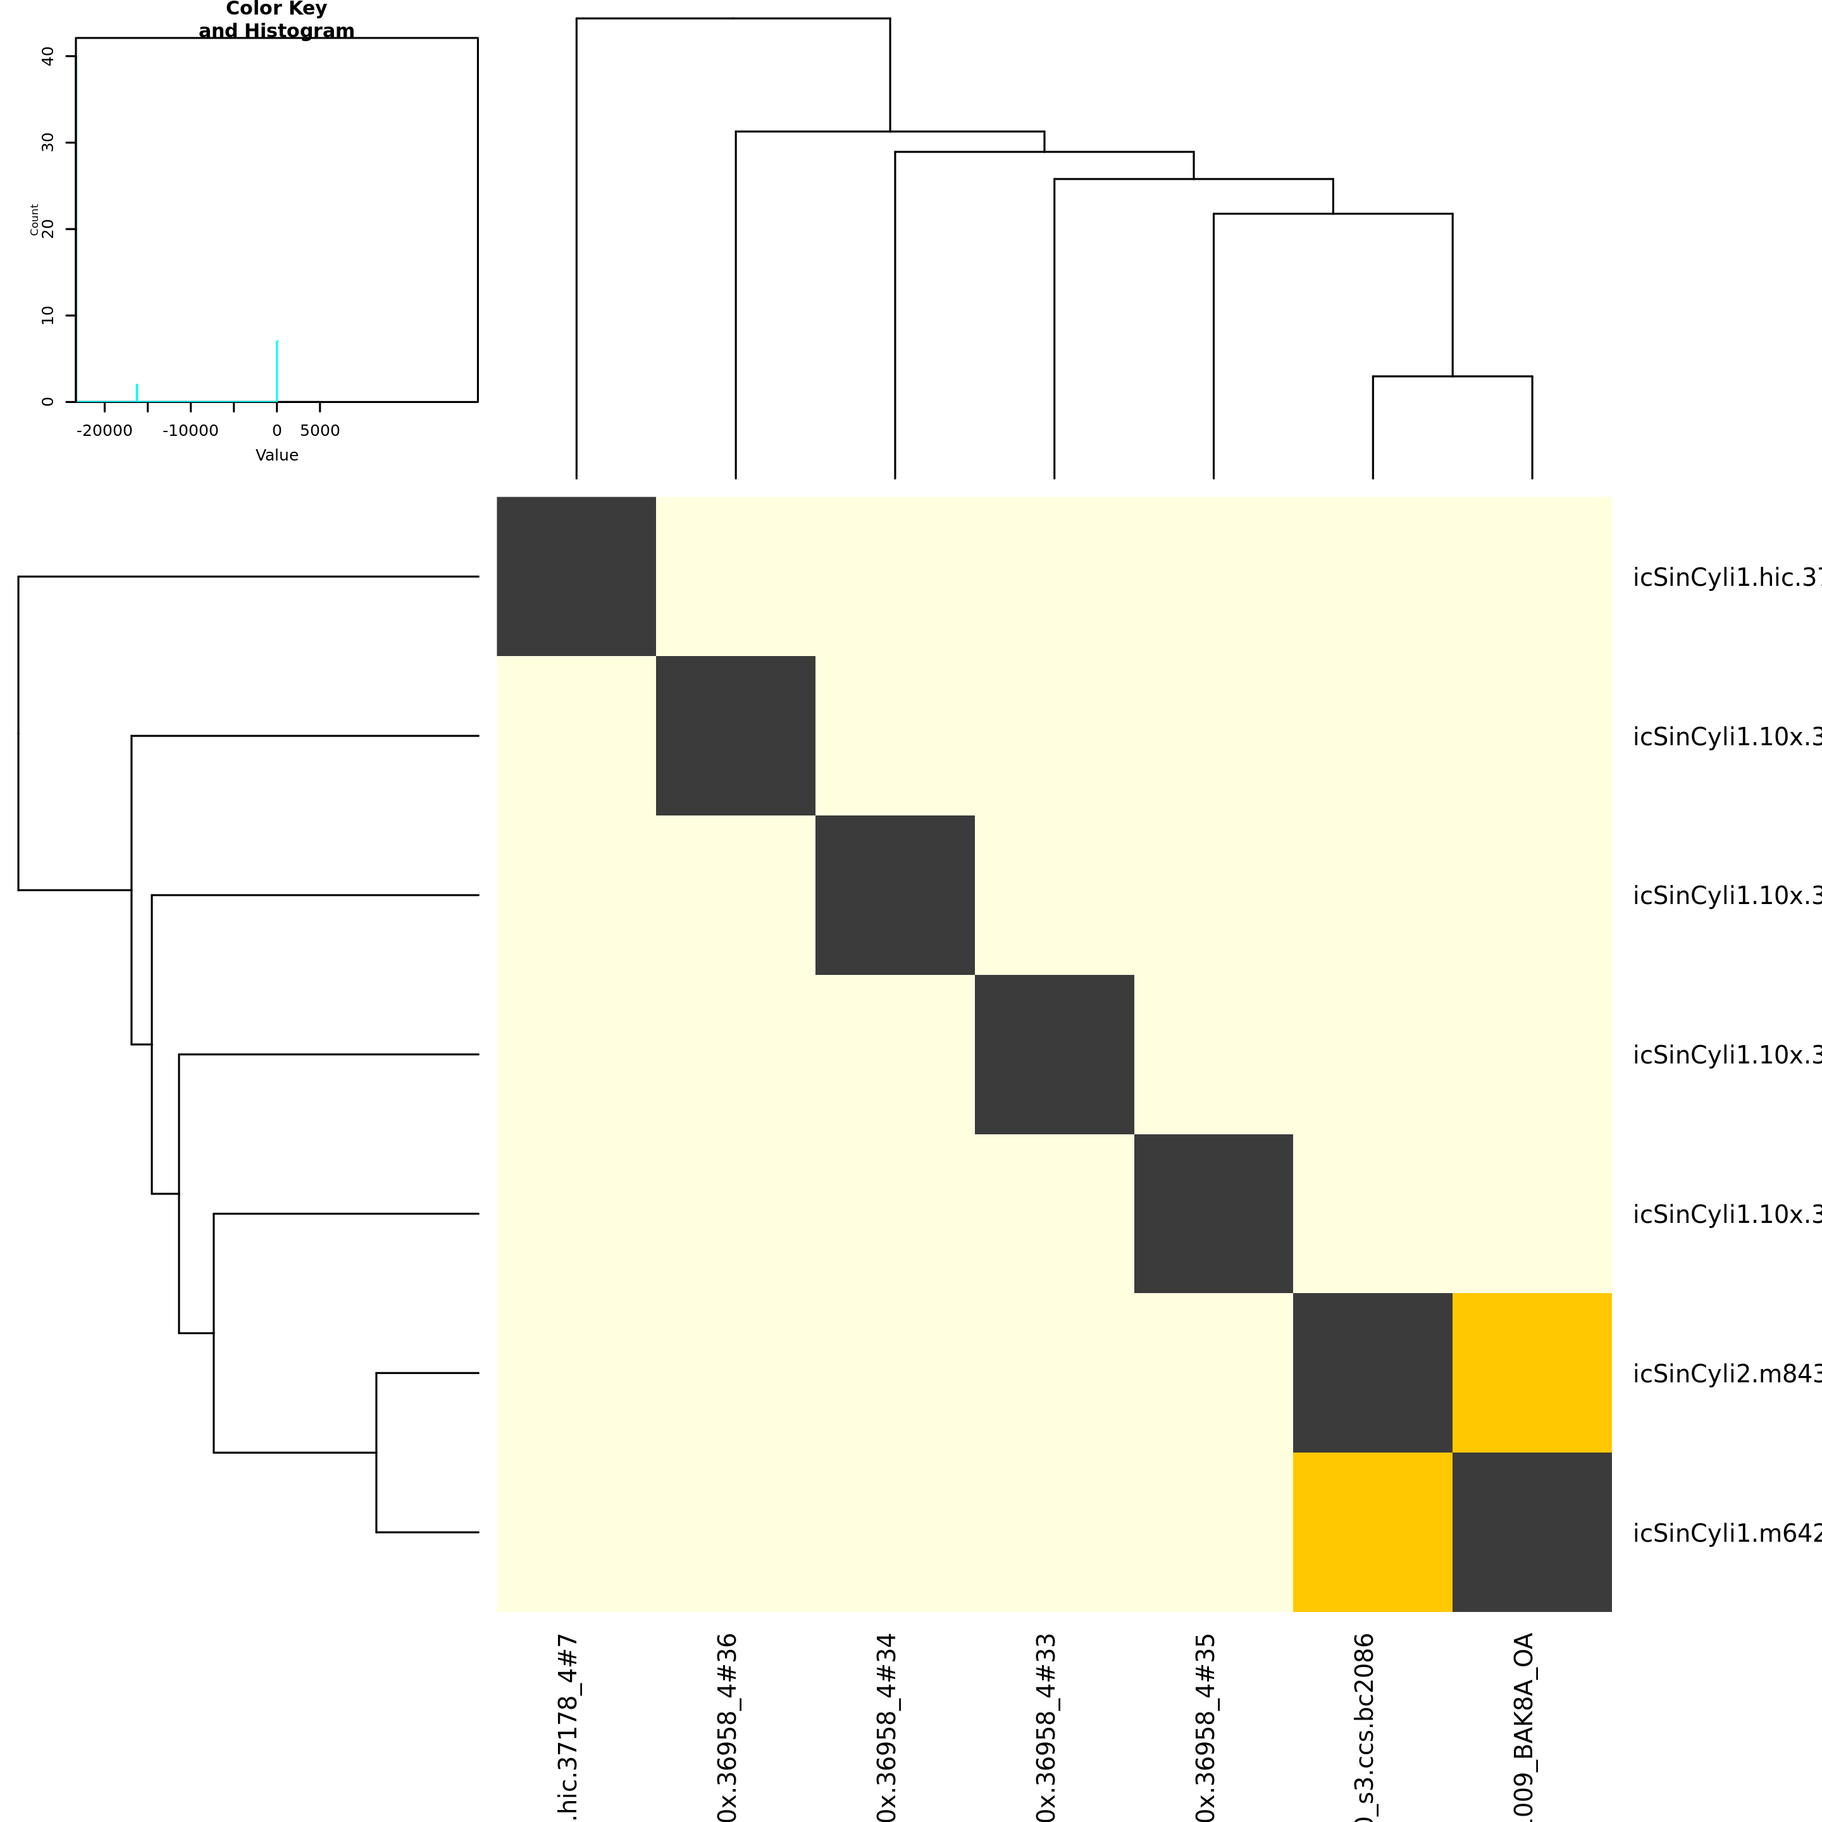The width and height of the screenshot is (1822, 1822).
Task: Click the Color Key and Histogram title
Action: [x=276, y=20]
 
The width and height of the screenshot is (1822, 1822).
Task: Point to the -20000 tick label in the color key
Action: [x=104, y=431]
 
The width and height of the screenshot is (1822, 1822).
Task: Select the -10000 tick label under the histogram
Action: [x=190, y=431]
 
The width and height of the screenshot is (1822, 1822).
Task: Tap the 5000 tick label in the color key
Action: [x=319, y=431]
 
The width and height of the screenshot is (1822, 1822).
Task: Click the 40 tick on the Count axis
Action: [x=48, y=56]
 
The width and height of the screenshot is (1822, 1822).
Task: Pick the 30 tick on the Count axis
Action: [x=48, y=142]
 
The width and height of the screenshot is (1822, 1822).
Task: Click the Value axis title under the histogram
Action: [x=276, y=455]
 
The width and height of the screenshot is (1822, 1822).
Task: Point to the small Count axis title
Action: [x=35, y=219]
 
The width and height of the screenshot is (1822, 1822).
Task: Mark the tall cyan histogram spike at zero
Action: [x=276, y=371]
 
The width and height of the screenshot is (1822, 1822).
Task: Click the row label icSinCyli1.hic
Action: [x=1726, y=577]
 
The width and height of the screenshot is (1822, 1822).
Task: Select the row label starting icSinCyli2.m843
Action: [x=1726, y=1374]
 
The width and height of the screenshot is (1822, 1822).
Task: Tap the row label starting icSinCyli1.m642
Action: [x=1726, y=1534]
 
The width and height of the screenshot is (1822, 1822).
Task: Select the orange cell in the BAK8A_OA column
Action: [x=1532, y=1372]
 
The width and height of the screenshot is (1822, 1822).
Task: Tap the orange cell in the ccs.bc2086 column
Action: [x=1372, y=1532]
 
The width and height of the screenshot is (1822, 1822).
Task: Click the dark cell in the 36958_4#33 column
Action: [x=1053, y=1053]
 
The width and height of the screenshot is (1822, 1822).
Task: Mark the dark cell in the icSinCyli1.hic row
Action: [x=576, y=576]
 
